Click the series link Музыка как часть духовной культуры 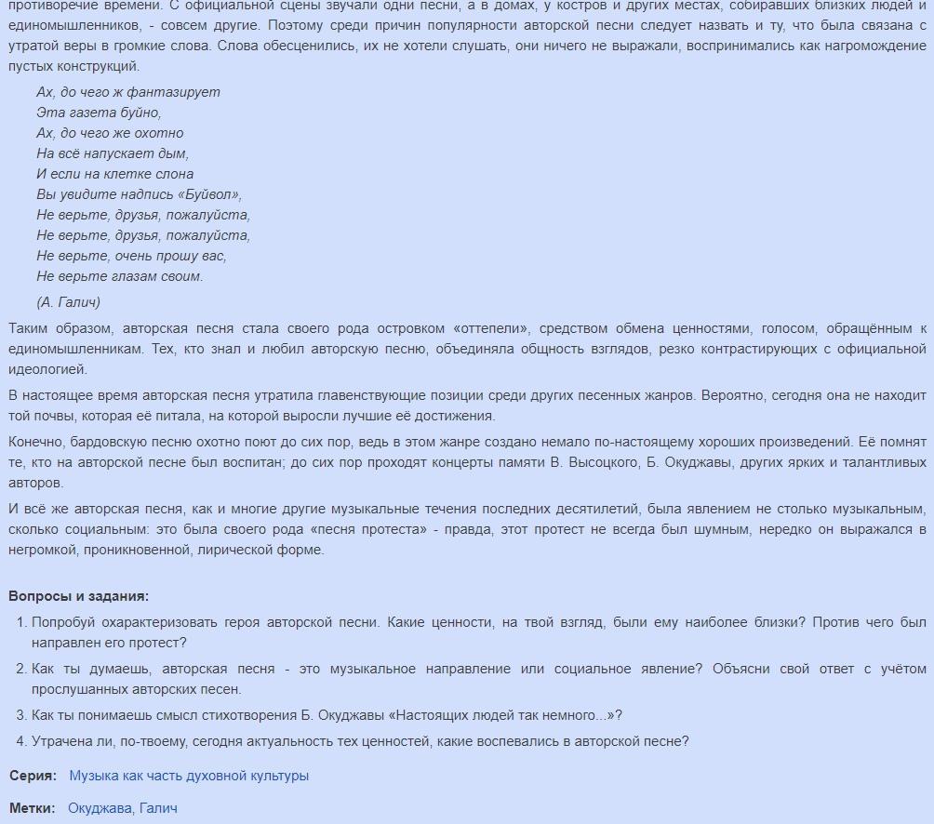[189, 776]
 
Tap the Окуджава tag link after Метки [100, 808]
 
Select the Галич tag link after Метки [158, 808]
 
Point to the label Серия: [33, 776]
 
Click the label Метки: [33, 808]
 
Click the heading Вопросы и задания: [78, 596]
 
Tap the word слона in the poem [175, 174]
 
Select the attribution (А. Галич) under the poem [69, 302]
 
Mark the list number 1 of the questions [21, 622]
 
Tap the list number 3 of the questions [21, 715]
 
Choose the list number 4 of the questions [21, 741]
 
